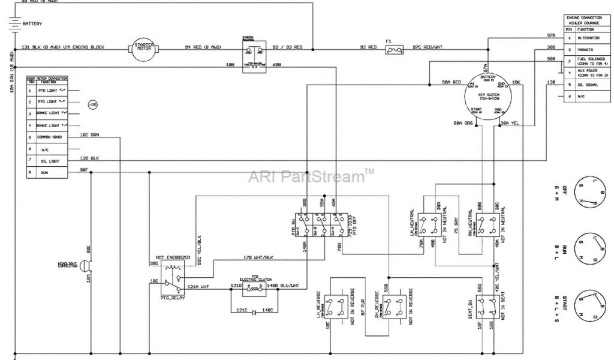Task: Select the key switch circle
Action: coord(487,96)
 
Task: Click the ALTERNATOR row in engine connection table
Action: coord(588,38)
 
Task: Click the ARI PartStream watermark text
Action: coord(311,176)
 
